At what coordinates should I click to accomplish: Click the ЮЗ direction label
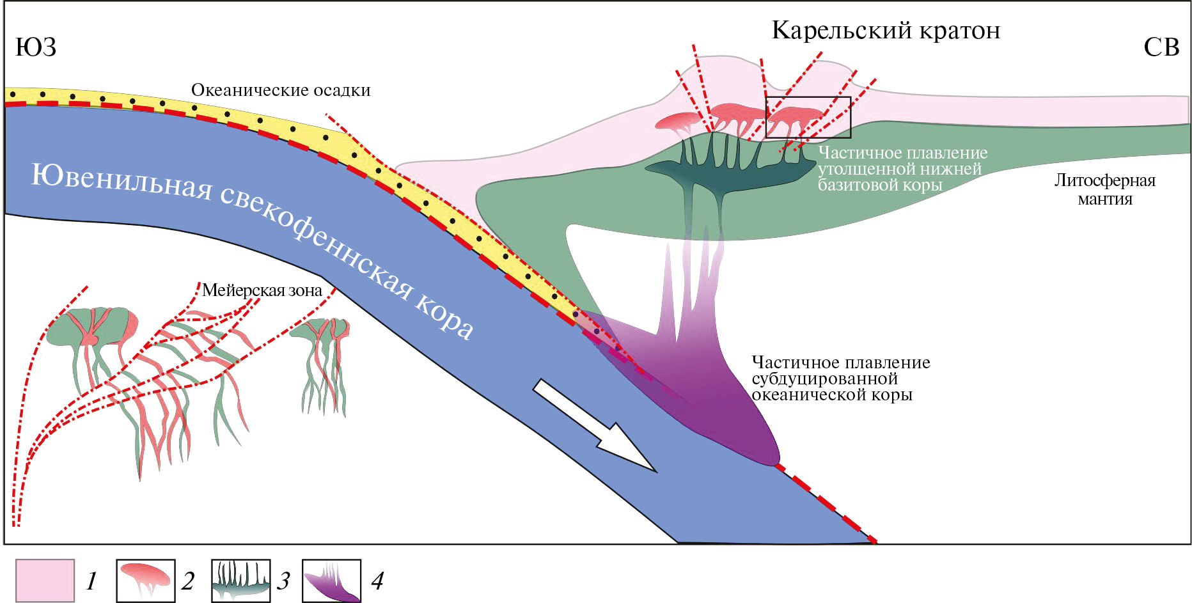36,47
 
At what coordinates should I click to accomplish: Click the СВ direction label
1161,47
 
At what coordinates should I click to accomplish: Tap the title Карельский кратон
886,30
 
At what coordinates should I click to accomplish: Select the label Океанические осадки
281,90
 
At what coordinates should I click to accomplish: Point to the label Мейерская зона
262,290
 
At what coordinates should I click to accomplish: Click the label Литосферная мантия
1104,189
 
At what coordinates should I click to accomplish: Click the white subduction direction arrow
595,425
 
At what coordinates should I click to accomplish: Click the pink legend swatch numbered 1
45,581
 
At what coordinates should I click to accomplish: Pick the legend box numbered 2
146,581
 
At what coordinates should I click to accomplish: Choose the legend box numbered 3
241,581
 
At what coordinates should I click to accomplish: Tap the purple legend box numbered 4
331,581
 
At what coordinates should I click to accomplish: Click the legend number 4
377,581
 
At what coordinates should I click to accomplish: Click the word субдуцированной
824,379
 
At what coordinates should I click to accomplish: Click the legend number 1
91,581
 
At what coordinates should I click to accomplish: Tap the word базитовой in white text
858,185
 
